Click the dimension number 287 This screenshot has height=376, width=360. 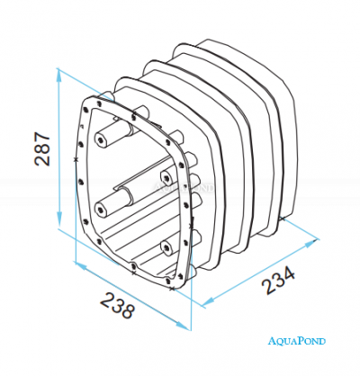click(x=42, y=148)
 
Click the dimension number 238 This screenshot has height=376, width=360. click(x=117, y=306)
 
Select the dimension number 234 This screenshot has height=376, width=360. click(x=279, y=280)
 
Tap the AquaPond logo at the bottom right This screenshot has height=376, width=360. click(x=296, y=341)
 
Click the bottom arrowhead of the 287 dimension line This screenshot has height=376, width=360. click(x=59, y=219)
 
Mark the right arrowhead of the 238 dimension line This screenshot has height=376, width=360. click(x=183, y=326)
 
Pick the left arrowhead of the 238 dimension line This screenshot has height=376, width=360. click(x=81, y=265)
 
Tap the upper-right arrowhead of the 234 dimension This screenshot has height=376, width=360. click(x=311, y=243)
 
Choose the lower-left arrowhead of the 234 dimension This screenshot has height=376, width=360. click(x=208, y=302)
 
